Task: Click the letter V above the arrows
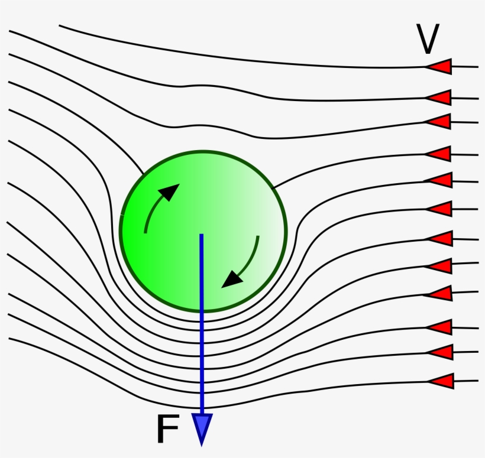(428, 40)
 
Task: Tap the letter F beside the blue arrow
(167, 429)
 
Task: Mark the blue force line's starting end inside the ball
(201, 235)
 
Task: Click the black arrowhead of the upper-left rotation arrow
(171, 192)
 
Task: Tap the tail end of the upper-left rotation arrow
(145, 232)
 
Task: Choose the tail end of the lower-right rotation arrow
(258, 237)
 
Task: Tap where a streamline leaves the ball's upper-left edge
(143, 173)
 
